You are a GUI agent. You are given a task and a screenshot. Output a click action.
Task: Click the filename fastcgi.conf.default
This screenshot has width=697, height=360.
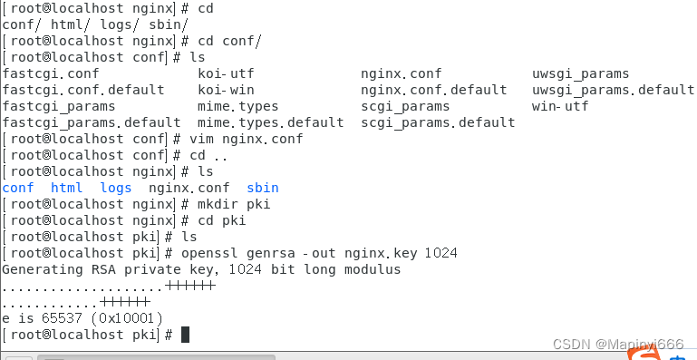coord(83,90)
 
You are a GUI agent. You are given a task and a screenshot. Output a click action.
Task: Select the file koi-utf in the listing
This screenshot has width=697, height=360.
coord(227,73)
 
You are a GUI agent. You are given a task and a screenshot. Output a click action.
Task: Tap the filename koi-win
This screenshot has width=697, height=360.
coord(227,90)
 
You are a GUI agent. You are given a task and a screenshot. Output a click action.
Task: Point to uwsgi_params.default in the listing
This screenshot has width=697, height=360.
coord(613,90)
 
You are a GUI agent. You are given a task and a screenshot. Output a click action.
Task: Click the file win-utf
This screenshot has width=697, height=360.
coord(560,106)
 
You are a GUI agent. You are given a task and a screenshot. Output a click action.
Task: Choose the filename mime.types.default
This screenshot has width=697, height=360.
coord(270,122)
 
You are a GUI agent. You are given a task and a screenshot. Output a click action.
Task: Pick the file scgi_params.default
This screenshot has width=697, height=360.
coord(438,122)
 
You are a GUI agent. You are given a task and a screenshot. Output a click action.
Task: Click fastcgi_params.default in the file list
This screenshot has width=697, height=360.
coord(92,122)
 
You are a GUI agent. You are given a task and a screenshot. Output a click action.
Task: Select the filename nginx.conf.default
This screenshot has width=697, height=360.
coord(434,90)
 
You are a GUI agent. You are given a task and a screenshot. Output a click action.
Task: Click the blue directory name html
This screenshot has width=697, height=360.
coord(66,188)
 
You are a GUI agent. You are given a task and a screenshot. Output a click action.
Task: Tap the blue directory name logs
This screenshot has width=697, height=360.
coord(116,188)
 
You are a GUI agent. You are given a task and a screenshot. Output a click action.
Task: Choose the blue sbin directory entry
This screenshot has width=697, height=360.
coord(263,188)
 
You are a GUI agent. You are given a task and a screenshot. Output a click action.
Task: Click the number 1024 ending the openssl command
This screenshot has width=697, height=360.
coord(440,253)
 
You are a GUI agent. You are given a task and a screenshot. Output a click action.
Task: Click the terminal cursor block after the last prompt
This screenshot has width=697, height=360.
coord(185,335)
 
